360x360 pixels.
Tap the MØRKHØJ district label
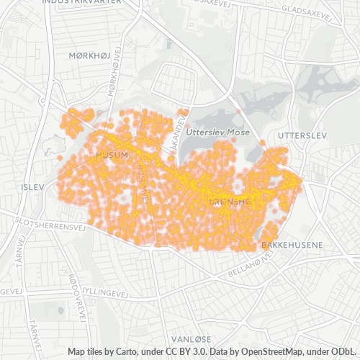[x=89, y=55]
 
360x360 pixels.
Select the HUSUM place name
[x=112, y=155]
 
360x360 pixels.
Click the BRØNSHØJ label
[x=230, y=203]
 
